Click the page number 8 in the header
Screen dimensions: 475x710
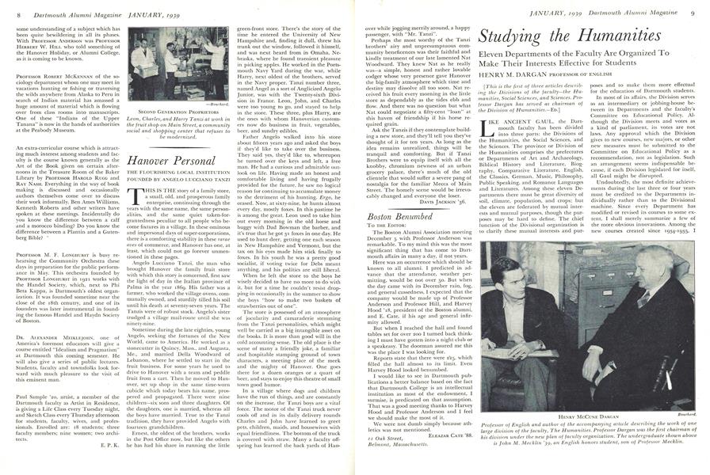pos(7,9)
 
